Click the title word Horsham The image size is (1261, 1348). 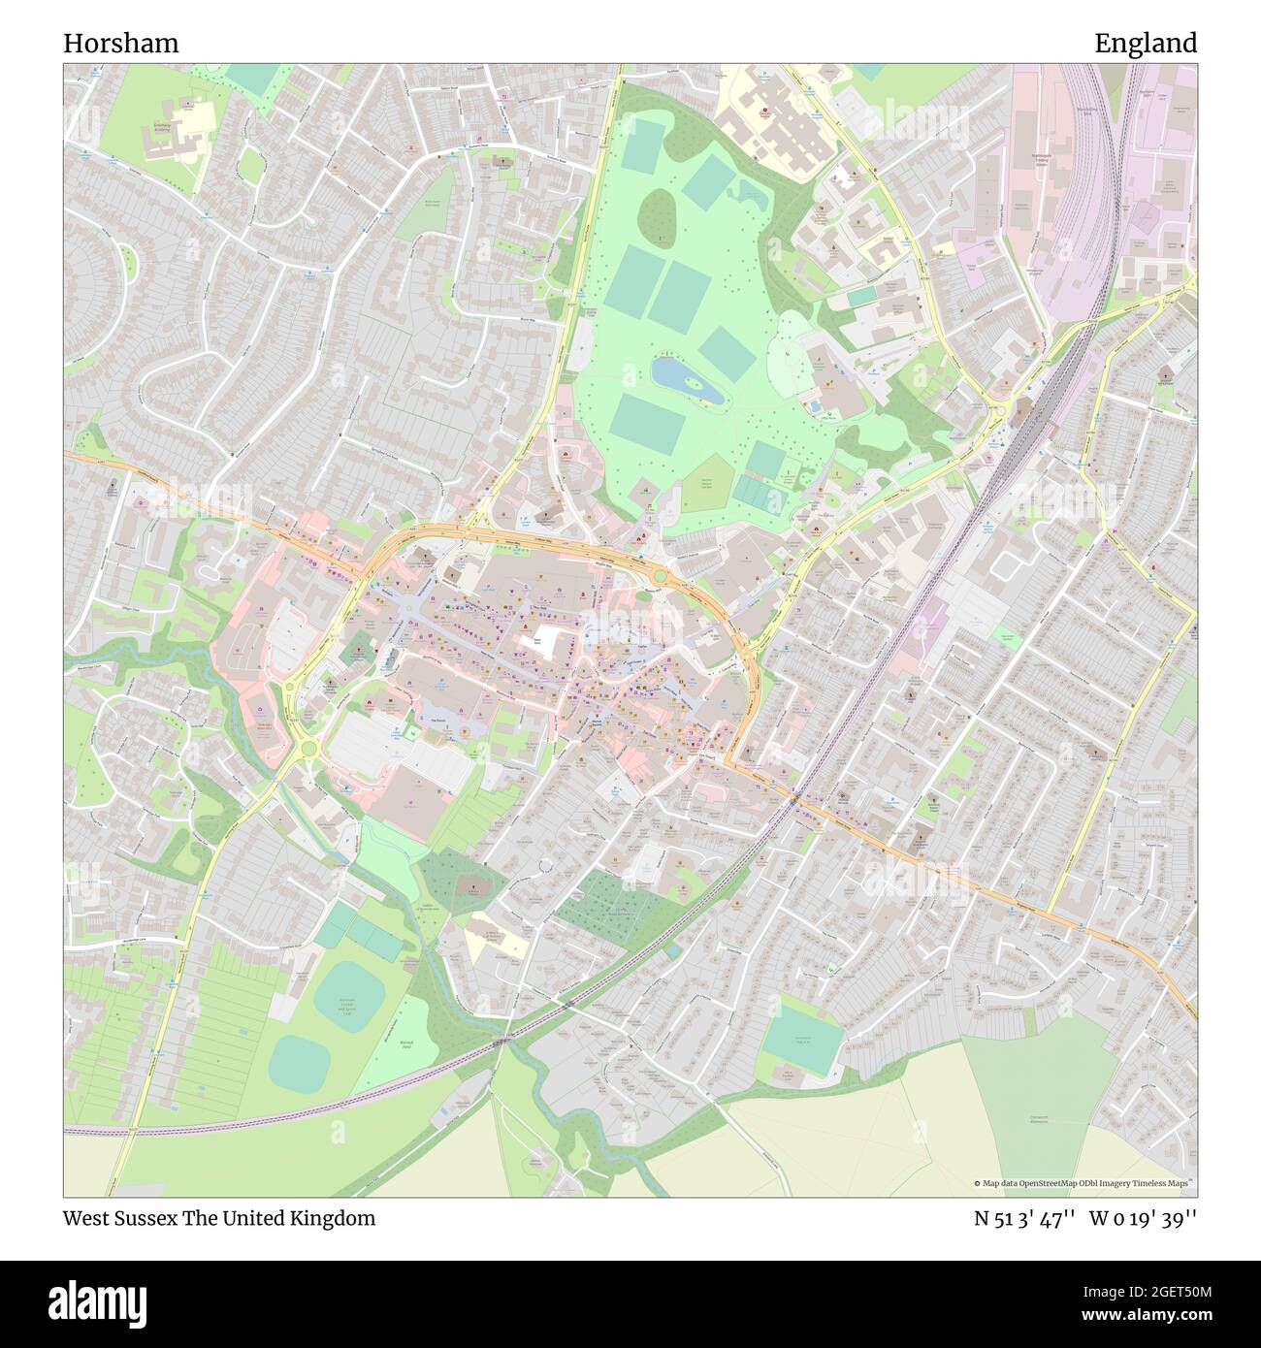[120, 44]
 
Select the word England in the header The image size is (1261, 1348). [1145, 44]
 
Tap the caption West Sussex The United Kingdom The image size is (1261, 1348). [219, 1219]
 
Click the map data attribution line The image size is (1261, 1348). [1084, 1183]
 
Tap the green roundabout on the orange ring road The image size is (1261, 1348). [660, 578]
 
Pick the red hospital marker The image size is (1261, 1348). [764, 112]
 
